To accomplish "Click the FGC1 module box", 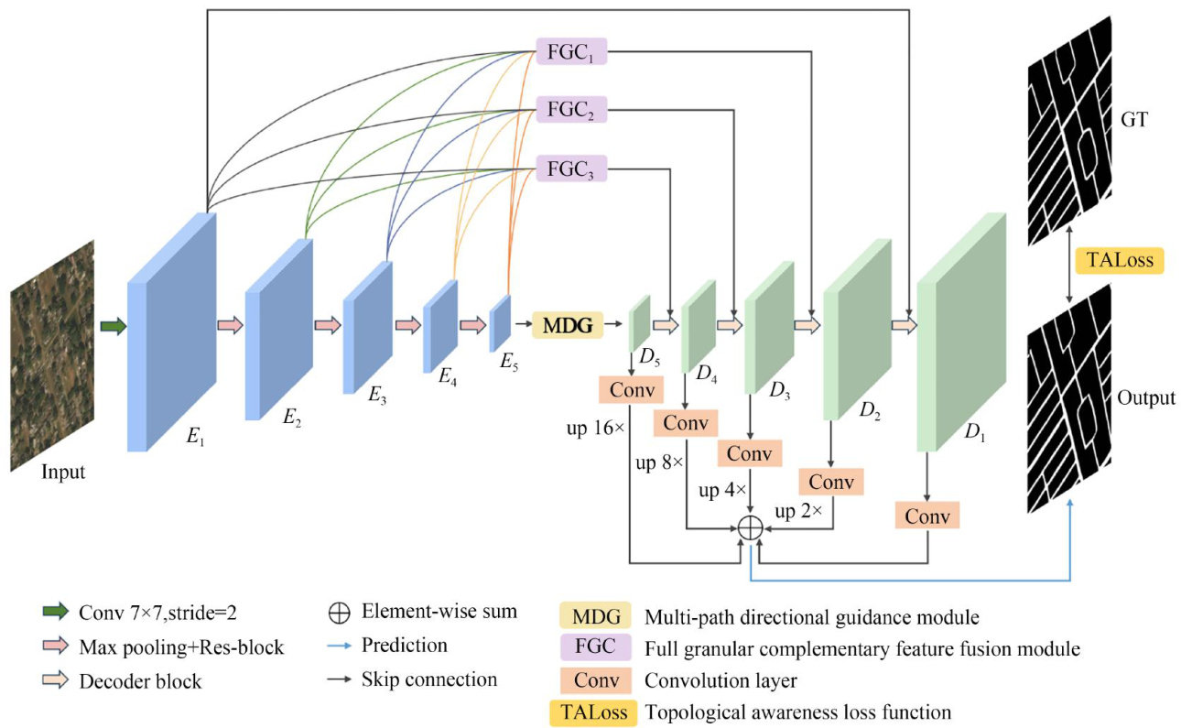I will tap(570, 52).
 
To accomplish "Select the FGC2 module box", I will tap(570, 112).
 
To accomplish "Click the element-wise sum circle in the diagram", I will tap(750, 527).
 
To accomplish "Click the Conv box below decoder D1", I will tap(927, 516).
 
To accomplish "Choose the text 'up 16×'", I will tap(594, 428).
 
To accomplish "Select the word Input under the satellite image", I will tap(63, 473).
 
